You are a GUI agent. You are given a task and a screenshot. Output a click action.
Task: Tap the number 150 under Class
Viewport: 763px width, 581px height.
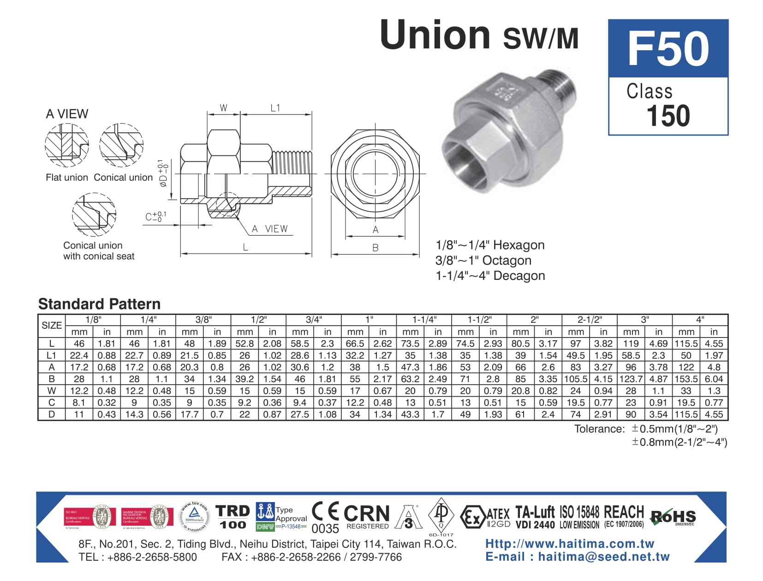point(668,115)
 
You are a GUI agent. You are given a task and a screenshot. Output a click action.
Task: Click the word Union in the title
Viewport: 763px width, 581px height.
point(435,35)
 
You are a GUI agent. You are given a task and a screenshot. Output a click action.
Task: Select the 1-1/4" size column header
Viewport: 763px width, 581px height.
point(424,320)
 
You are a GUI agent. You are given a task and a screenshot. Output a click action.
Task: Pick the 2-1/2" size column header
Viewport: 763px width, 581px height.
point(590,320)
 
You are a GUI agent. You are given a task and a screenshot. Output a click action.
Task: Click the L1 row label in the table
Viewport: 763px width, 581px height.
point(52,356)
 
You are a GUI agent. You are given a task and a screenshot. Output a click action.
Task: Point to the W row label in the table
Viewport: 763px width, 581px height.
point(52,391)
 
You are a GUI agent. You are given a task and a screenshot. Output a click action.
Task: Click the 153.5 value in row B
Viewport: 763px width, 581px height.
point(686,379)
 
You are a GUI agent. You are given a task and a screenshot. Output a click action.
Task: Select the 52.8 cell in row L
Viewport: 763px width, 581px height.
point(244,344)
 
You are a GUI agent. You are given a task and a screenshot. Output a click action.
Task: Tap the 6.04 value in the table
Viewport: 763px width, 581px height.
point(714,379)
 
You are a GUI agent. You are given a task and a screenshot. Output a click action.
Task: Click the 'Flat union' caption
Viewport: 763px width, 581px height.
point(67,178)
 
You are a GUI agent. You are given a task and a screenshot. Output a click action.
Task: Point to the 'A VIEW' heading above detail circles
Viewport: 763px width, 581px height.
point(67,114)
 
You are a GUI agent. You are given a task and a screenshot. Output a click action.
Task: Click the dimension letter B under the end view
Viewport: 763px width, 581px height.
point(375,248)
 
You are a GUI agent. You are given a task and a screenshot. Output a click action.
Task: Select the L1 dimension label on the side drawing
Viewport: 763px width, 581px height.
point(275,108)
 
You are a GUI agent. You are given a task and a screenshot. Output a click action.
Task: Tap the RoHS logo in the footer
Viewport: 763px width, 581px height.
point(673,517)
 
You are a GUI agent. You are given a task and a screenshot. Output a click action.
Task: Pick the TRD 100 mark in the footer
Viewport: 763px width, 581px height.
point(232,517)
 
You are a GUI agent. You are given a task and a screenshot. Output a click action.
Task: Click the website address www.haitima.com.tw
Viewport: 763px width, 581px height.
point(570,544)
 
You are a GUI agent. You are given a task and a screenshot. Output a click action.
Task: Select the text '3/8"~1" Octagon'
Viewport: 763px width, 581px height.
point(483,261)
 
